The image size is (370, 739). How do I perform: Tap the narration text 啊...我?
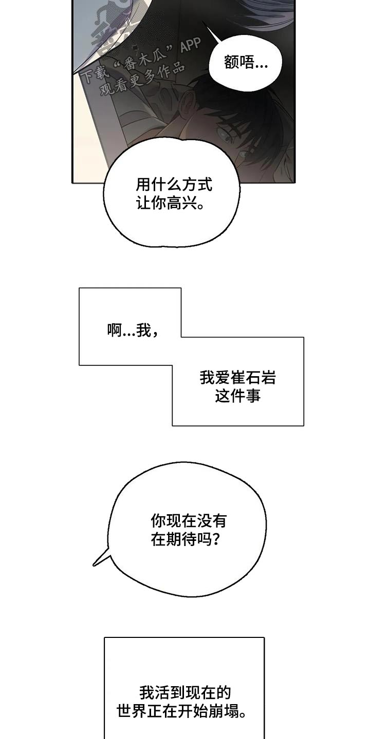133,331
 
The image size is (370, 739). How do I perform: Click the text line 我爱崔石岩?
237,378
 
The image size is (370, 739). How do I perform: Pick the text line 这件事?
237,396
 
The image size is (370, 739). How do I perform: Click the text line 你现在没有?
188,521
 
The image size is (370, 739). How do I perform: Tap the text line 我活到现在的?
185,693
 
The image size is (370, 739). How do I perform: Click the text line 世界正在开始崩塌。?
185,712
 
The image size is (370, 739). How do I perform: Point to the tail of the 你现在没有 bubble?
98,562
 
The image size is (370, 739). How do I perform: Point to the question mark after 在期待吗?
217,539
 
